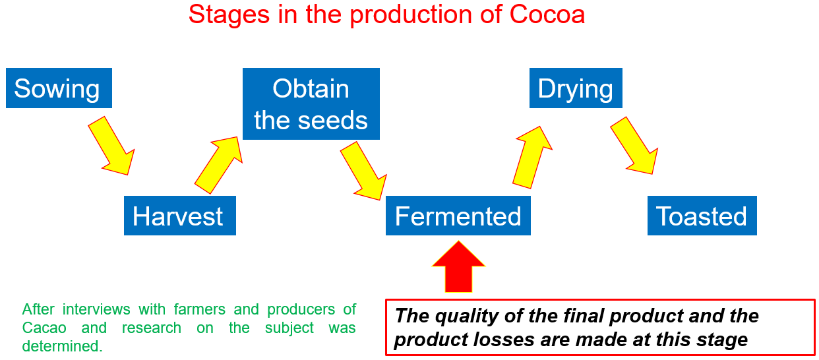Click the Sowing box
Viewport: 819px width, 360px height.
59,88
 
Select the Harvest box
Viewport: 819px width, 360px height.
180,216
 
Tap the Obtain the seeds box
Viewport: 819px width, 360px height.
311,104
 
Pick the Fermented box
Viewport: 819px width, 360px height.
458,216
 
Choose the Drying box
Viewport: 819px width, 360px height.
576,88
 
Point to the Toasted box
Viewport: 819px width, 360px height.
702,216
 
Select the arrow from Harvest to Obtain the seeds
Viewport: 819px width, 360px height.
219,165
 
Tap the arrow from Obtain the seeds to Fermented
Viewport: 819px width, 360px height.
364,171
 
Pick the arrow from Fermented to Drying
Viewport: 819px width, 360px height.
532,158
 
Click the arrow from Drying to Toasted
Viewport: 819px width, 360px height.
635,146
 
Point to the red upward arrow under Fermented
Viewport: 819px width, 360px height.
458,267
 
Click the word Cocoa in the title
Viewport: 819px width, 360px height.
547,15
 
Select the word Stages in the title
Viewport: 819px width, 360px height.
229,15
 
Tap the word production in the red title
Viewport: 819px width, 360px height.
411,15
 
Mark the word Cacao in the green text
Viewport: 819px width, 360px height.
44,328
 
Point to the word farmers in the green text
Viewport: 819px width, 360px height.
199,309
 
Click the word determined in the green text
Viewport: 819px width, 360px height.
62,346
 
